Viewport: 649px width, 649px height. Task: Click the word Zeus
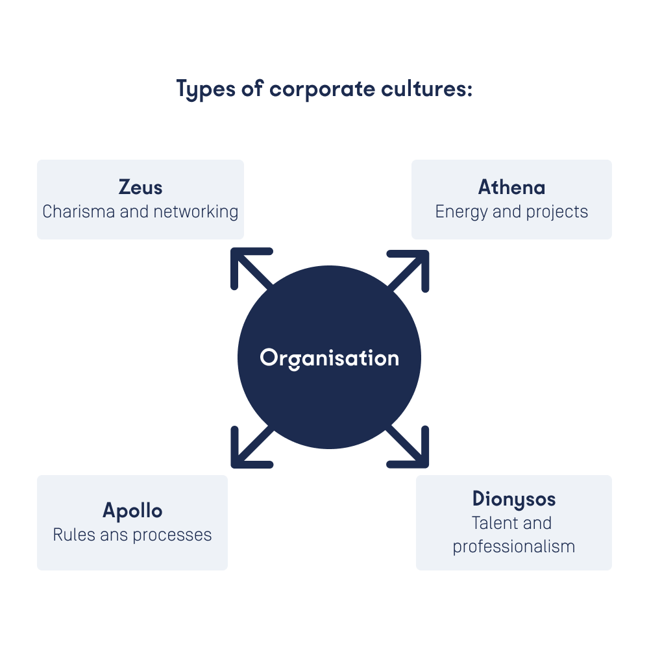point(140,187)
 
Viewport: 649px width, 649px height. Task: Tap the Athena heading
point(511,187)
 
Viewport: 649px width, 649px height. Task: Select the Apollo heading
point(132,511)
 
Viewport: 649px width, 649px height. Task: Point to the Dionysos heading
point(514,499)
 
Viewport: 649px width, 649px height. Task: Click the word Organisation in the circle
point(330,358)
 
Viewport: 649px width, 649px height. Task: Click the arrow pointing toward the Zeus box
point(252,269)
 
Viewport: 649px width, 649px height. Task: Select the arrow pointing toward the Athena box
point(408,271)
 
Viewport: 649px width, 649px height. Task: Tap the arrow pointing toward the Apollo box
point(252,447)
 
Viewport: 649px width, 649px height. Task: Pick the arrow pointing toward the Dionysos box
point(408,447)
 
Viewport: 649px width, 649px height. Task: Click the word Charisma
point(79,212)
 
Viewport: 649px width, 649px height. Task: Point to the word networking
point(196,212)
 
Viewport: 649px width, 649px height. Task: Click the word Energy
point(462,212)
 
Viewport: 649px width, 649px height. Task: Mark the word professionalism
point(514,547)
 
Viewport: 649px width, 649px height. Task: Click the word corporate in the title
point(323,89)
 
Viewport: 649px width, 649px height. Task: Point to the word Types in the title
point(206,90)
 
